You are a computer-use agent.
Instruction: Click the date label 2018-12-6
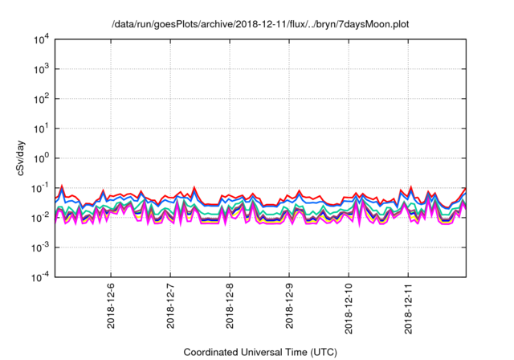coord(111,306)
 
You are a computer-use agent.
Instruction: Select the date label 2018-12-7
coord(170,306)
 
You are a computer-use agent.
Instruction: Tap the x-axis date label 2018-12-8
coord(230,306)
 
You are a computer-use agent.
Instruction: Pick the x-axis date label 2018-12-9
coord(289,306)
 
